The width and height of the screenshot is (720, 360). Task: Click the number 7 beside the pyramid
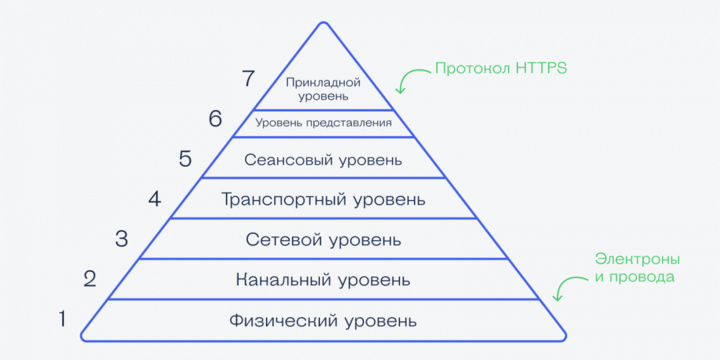[249, 78]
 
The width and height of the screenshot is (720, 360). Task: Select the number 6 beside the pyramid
[214, 119]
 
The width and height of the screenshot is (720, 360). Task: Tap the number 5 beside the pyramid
[184, 158]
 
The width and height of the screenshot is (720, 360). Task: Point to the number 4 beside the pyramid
[154, 198]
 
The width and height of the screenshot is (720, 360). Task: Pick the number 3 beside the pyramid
[121, 238]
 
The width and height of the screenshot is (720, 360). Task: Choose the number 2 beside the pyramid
[90, 278]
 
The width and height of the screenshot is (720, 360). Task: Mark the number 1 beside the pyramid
[61, 320]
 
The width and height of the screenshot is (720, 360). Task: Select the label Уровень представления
[323, 123]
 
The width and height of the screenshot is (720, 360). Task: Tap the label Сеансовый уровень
[323, 160]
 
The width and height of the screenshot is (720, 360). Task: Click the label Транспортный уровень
[323, 199]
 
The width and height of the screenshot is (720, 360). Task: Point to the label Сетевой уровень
[323, 240]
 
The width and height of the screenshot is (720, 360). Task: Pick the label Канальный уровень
[323, 280]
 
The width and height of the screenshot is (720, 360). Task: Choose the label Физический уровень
[322, 321]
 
